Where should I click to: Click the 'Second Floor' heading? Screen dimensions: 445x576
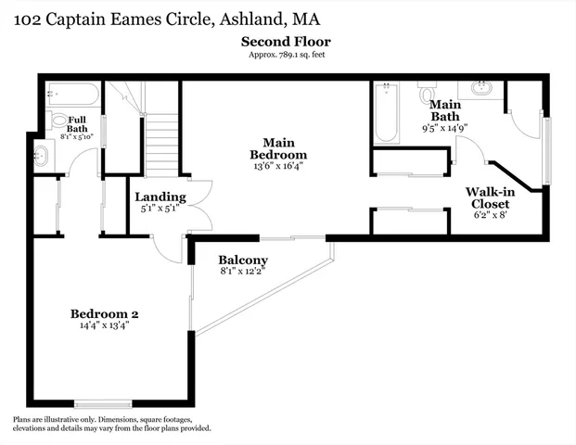coord(285,42)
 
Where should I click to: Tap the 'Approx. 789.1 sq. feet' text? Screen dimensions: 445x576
coord(285,55)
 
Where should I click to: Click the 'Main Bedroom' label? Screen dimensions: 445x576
coord(278,148)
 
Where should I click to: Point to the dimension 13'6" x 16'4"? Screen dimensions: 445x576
coord(278,165)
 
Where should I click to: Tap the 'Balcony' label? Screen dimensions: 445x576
coord(243,261)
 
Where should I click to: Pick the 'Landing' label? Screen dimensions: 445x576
coord(160,197)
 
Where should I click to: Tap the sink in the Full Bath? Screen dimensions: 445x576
coord(41,156)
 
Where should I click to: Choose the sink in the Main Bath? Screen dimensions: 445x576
coord(480,90)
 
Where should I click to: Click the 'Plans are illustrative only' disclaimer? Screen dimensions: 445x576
coord(111,424)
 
